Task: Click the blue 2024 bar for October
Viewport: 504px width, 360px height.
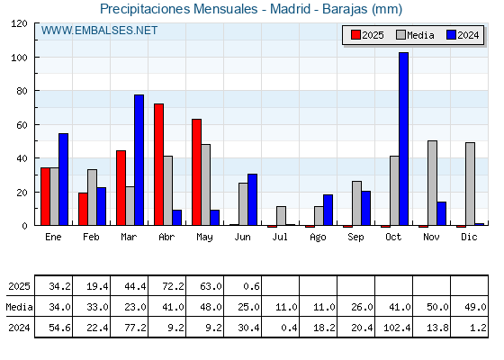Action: (404, 139)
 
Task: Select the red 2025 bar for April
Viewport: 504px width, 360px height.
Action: (158, 164)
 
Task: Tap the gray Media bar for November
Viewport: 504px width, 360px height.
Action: (432, 183)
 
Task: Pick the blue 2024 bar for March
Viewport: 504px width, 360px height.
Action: (139, 160)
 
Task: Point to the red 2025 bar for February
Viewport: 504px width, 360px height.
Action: (83, 209)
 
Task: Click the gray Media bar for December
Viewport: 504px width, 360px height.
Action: (470, 184)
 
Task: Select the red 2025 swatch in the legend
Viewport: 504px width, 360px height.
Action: (355, 35)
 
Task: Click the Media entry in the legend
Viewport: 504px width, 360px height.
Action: (415, 35)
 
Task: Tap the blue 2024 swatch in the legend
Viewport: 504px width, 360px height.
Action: (451, 35)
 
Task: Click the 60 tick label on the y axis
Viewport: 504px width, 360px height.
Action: (22, 125)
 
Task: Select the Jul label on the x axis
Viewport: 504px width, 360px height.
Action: (280, 237)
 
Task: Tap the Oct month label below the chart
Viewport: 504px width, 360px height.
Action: (393, 237)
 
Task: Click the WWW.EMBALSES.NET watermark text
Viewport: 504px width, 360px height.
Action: (99, 31)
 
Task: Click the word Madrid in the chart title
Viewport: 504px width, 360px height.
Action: (290, 9)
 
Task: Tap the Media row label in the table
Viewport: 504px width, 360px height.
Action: (19, 307)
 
